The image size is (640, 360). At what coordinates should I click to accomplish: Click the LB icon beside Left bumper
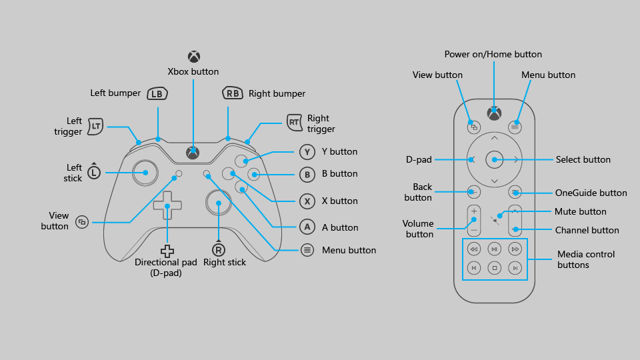pyautogui.click(x=157, y=94)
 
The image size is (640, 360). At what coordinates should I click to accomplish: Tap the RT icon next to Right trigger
pyautogui.click(x=294, y=122)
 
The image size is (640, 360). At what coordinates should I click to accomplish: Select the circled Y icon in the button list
pyautogui.click(x=307, y=152)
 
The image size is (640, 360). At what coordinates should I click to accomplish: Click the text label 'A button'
pyautogui.click(x=340, y=227)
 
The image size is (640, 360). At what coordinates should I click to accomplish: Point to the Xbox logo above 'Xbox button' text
pyautogui.click(x=193, y=57)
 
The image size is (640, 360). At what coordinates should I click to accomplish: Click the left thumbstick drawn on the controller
pyautogui.click(x=145, y=173)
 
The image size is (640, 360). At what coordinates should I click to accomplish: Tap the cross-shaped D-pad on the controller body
pyautogui.click(x=167, y=206)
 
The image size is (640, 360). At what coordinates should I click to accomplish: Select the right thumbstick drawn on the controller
pyautogui.click(x=218, y=203)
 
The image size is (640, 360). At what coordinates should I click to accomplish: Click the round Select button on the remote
pyautogui.click(x=494, y=159)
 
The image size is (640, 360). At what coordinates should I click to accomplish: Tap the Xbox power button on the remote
pyautogui.click(x=494, y=113)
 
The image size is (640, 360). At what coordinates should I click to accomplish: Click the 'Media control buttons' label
pyautogui.click(x=586, y=259)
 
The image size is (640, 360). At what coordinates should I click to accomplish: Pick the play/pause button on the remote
pyautogui.click(x=494, y=249)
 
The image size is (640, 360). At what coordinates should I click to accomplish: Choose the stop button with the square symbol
pyautogui.click(x=494, y=268)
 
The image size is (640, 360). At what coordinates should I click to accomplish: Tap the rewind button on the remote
pyautogui.click(x=473, y=249)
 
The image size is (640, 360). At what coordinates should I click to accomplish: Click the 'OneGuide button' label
pyautogui.click(x=591, y=193)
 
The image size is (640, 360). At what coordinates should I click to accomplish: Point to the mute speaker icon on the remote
pyautogui.click(x=495, y=219)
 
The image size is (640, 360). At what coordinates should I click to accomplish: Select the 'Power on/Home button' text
pyautogui.click(x=493, y=54)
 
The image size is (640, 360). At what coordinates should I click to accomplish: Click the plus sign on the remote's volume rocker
pyautogui.click(x=474, y=211)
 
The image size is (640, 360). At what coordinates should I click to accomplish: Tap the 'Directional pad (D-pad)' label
pyautogui.click(x=167, y=267)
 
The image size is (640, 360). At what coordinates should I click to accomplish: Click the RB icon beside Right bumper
pyautogui.click(x=233, y=94)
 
